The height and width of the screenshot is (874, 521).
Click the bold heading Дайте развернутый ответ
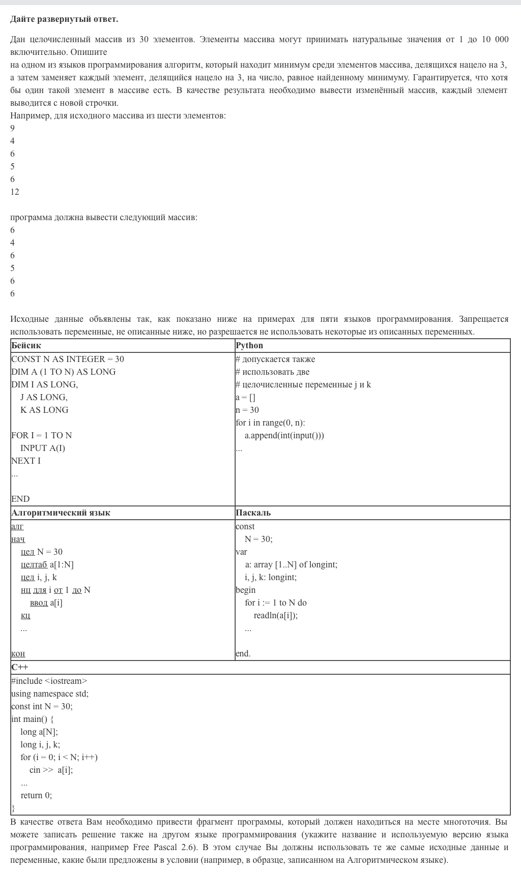64,19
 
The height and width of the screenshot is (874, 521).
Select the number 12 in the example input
15,192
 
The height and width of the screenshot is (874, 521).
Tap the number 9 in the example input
13,128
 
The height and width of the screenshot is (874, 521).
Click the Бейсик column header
26,346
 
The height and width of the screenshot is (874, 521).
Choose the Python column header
249,346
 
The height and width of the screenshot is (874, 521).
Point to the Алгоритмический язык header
61,513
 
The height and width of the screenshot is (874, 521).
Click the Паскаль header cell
253,513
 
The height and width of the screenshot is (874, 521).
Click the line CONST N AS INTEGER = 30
68,359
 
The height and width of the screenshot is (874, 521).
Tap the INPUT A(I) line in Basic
43,448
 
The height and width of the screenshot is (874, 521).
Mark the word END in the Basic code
20,499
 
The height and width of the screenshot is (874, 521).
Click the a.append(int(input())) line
284,435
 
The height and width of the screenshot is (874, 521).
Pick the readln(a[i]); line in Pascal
276,615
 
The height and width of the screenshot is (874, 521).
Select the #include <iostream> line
49,681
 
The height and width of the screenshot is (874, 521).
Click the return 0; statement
36,795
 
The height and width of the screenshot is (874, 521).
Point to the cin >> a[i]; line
51,770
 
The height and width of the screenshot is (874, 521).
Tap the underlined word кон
18,653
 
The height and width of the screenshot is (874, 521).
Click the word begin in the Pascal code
246,590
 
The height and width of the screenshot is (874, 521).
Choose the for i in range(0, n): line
271,423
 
